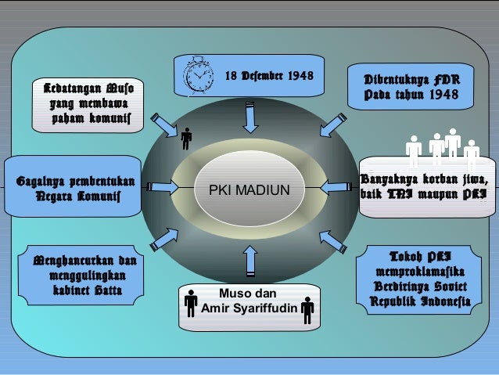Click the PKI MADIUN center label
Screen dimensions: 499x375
coord(249,190)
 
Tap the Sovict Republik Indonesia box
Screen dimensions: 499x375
coord(421,279)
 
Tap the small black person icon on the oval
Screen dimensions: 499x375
coord(185,140)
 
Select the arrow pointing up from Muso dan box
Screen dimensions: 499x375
coord(249,261)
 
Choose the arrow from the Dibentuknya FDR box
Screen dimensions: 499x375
coord(329,125)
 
